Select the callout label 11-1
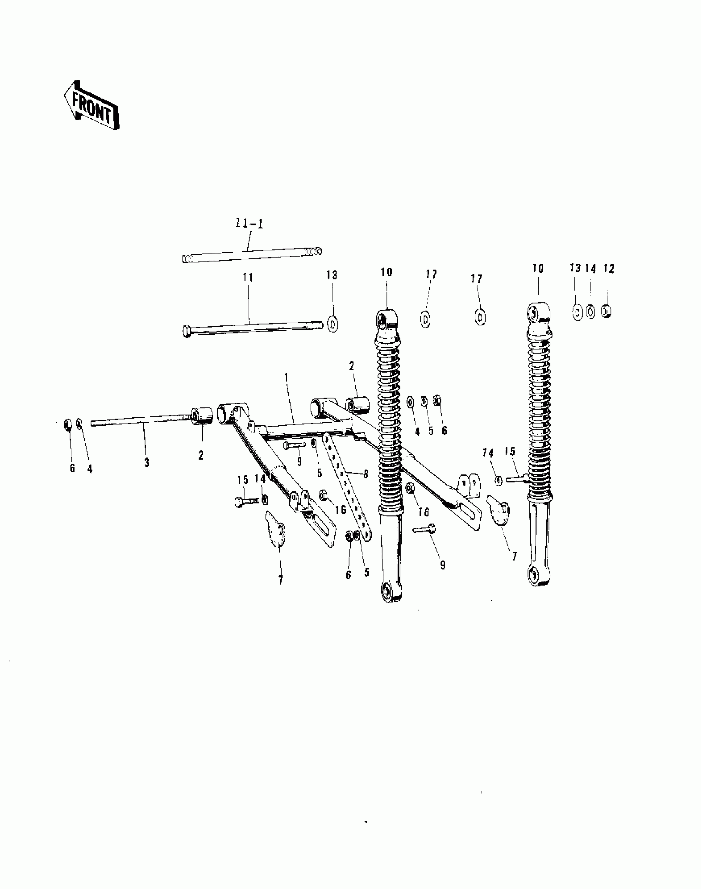pos(249,224)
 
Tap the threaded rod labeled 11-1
pos(252,255)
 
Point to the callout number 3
pos(146,463)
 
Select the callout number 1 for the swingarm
pos(286,378)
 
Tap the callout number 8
pos(365,474)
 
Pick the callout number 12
pos(609,269)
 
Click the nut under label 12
pos(606,311)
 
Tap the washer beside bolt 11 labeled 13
pos(333,323)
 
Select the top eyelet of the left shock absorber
pos(387,319)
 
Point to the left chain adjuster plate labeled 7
pos(275,529)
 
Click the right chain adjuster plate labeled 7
pos(499,510)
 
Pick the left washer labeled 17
pos(426,319)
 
